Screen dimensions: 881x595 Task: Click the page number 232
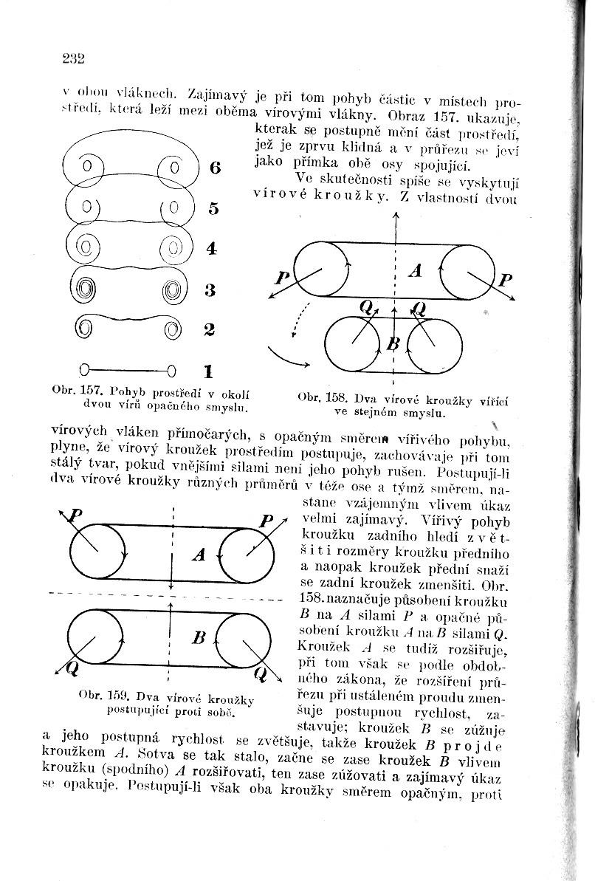tap(74, 58)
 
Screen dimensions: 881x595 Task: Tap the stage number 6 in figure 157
tap(214, 168)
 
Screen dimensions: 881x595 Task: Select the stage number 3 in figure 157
tap(210, 290)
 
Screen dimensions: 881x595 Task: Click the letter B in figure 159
tap(198, 638)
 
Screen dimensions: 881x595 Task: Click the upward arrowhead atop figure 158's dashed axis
tap(395, 216)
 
